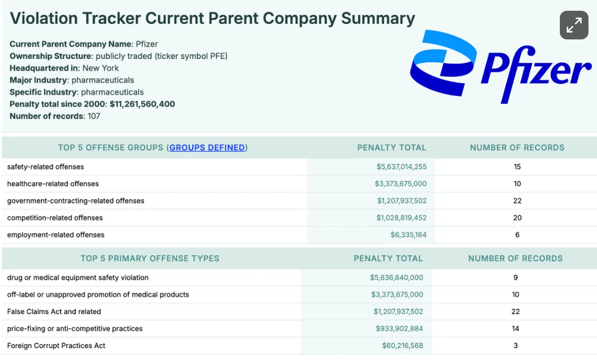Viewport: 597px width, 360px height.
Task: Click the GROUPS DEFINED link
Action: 207,148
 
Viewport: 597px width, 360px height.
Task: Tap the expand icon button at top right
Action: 574,25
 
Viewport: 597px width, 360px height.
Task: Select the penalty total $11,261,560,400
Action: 142,104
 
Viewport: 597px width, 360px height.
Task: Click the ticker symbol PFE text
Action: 200,56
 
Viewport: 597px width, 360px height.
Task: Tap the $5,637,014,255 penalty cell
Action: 401,167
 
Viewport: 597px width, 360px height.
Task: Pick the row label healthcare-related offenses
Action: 53,184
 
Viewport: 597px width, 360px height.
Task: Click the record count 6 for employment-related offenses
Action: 517,235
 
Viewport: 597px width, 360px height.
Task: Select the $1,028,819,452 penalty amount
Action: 401,218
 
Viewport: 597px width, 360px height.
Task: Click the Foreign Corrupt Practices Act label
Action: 56,346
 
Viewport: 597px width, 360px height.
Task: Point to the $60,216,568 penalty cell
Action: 402,346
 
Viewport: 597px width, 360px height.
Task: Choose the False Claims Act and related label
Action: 54,312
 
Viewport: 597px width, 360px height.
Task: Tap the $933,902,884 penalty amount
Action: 399,329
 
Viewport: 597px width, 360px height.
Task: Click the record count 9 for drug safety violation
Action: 515,278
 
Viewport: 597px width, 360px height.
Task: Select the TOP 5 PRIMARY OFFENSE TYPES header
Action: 150,258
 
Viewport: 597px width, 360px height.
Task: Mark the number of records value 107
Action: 94,116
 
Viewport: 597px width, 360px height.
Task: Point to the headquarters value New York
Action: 101,68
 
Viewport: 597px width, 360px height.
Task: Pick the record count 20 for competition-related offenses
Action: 517,218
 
